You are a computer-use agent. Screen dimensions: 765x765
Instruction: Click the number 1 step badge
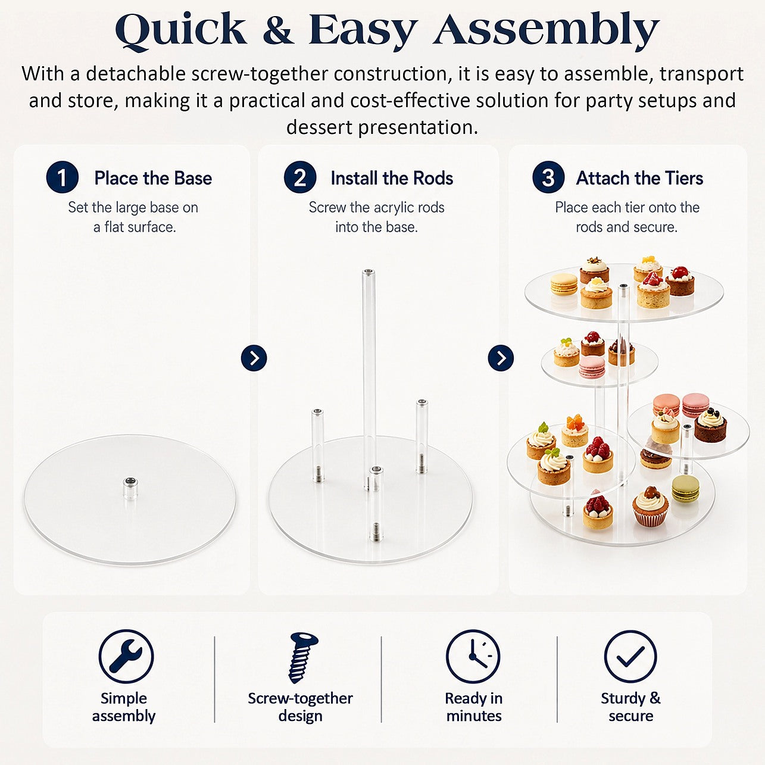[63, 177]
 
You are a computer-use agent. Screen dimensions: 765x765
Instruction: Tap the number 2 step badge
[300, 177]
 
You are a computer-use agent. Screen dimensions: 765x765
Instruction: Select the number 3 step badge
[548, 177]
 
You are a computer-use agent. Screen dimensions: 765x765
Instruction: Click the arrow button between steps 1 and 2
[254, 358]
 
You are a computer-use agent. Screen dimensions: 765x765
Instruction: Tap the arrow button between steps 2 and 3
[501, 358]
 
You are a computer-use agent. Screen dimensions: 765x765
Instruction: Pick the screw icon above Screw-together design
[302, 657]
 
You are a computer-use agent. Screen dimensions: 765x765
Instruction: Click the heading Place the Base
[153, 178]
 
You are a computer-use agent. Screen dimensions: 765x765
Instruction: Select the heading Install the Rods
[392, 178]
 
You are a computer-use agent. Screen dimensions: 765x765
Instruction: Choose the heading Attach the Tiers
[639, 178]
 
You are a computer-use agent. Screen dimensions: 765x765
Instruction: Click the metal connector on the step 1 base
[130, 488]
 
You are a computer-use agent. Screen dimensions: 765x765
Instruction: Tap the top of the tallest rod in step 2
[369, 273]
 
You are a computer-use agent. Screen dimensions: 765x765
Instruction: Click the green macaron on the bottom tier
[686, 490]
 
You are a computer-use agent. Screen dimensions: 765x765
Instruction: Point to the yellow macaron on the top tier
[564, 284]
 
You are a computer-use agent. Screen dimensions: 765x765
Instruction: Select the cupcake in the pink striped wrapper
[650, 507]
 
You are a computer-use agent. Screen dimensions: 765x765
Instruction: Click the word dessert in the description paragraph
[319, 127]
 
